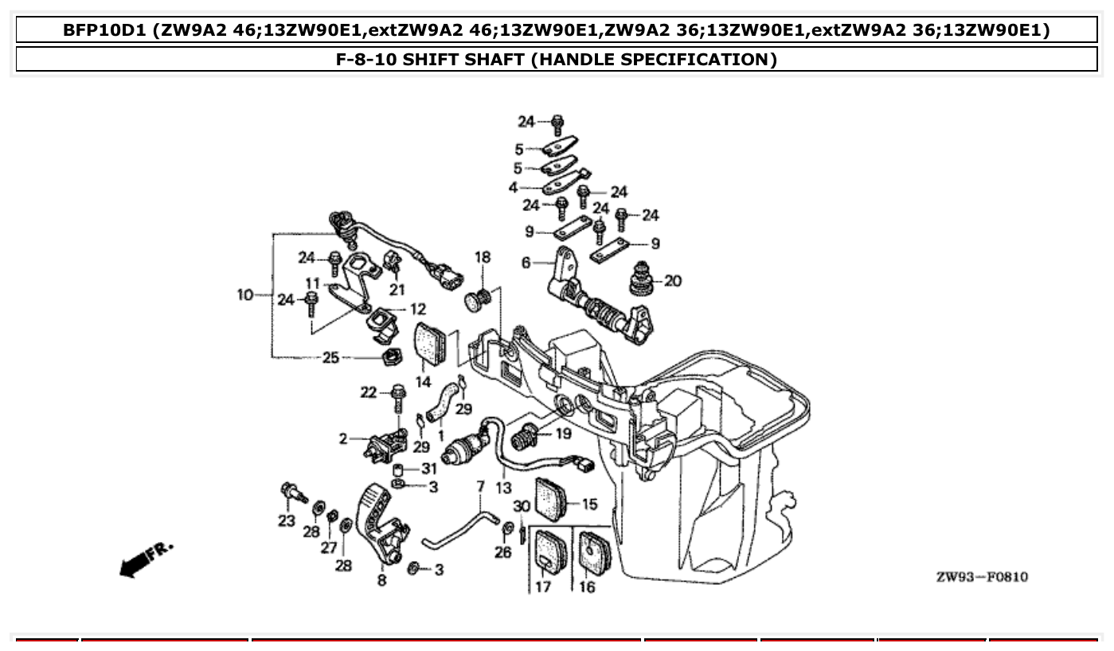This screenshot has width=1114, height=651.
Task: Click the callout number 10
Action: tap(244, 295)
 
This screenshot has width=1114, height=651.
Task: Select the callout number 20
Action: tap(673, 281)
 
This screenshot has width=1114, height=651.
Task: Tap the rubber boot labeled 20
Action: tap(642, 278)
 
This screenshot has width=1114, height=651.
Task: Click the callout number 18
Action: tap(483, 257)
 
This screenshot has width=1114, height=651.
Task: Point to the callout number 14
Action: tap(423, 382)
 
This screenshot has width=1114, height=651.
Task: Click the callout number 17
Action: tap(542, 587)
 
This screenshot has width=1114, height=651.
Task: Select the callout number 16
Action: tap(587, 587)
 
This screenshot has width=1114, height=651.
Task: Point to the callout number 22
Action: tap(368, 392)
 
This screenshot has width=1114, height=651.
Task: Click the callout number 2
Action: tap(343, 439)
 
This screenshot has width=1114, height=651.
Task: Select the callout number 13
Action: tap(503, 487)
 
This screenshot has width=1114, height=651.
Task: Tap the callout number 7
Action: tap(480, 485)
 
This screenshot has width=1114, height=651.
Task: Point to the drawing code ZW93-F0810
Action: tap(981, 576)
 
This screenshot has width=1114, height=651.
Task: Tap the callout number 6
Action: tap(526, 262)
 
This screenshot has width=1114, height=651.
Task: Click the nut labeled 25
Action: tap(390, 357)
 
